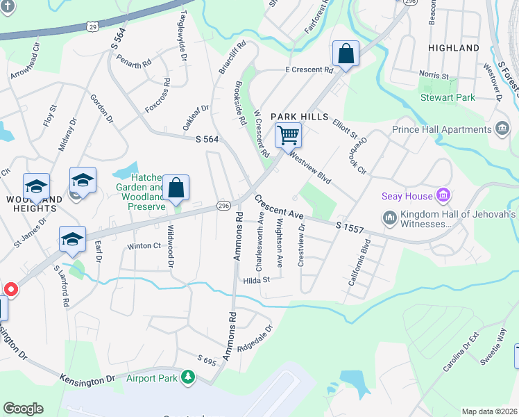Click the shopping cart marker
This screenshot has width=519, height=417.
tap(288, 135)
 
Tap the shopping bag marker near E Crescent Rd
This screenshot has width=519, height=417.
tap(345, 54)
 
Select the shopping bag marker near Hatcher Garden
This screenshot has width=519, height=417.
tap(176, 188)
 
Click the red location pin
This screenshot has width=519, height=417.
tap(11, 289)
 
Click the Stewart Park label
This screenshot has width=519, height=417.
tap(448, 98)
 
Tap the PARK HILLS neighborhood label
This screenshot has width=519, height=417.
tap(299, 116)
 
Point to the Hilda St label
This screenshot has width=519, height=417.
tap(256, 280)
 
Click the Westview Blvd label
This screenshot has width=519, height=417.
tap(310, 167)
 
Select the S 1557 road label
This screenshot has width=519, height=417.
tap(349, 227)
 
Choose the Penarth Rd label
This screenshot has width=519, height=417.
tap(134, 61)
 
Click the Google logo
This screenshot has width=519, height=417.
tap(23, 408)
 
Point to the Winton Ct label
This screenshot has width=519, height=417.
tap(144, 246)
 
